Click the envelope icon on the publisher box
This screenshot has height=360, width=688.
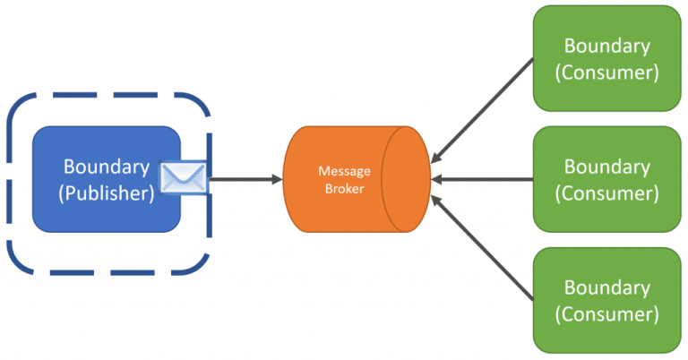coord(184,176)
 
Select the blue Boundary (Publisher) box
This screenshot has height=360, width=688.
coord(107,179)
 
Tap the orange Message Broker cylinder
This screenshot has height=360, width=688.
coord(357,179)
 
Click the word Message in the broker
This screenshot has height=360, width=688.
coord(344,170)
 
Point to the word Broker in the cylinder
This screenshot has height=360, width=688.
coord(344,189)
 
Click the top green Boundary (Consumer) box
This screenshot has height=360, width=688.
coord(606,58)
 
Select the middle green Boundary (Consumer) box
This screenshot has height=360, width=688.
coord(606,179)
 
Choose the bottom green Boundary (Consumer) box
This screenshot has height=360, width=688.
coord(606,300)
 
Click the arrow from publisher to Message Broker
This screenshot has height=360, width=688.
coord(246,179)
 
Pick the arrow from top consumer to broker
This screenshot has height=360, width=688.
coord(482,111)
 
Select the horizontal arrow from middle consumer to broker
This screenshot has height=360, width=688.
coord(482,179)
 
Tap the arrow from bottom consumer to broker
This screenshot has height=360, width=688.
coord(482,248)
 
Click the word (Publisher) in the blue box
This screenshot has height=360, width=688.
coord(107,193)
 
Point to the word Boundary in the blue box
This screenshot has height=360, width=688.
coord(107,167)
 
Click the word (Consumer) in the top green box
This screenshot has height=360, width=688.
coord(606,73)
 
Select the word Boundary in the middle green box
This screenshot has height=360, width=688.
coord(606,167)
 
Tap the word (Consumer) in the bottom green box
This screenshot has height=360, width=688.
coord(606,314)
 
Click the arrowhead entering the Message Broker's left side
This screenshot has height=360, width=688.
coord(279,179)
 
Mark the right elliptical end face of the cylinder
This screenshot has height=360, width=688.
coord(407,179)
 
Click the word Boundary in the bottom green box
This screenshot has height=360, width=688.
coord(606,287)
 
